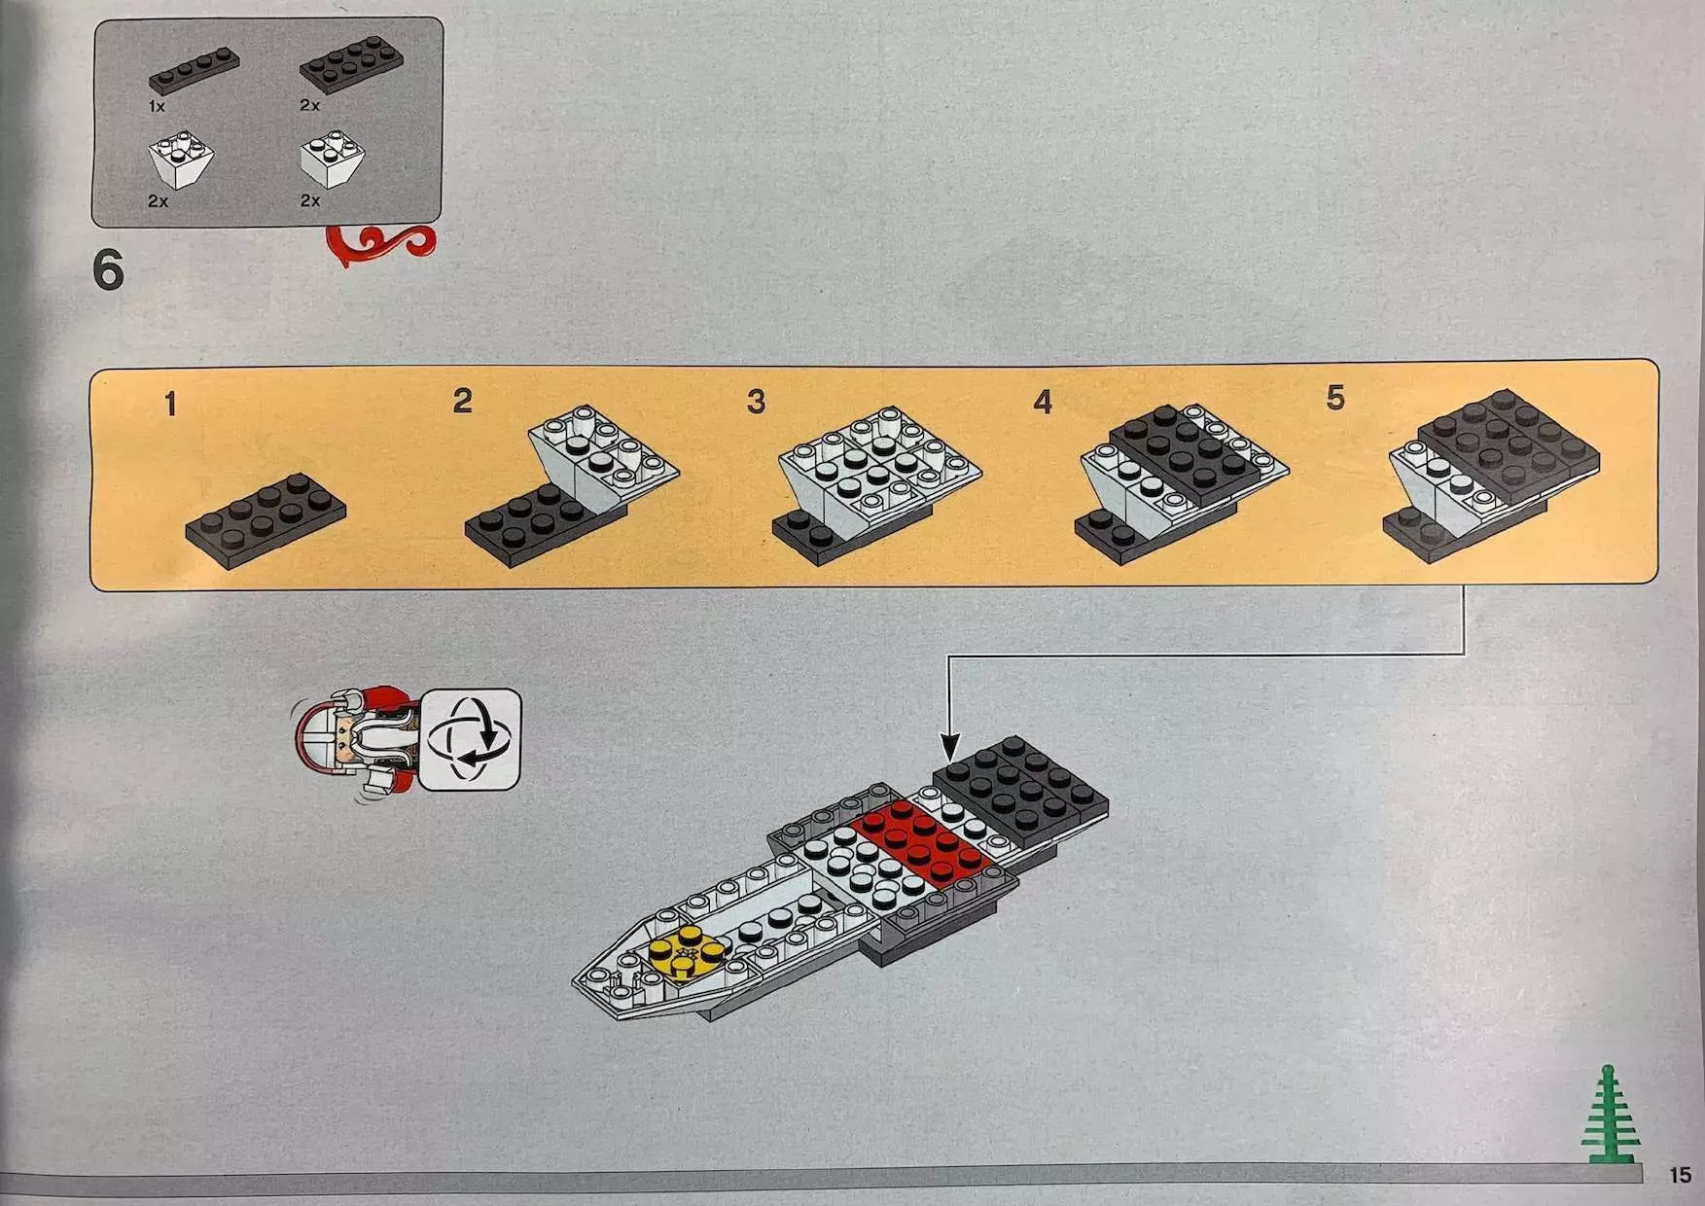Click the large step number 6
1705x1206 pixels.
pyautogui.click(x=108, y=268)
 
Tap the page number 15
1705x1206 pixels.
pyautogui.click(x=1680, y=1175)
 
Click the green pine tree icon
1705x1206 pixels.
pyautogui.click(x=1610, y=1115)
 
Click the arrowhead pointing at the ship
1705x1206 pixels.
pyautogui.click(x=949, y=748)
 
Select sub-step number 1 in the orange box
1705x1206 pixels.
pyautogui.click(x=171, y=404)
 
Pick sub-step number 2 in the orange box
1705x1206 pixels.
pyautogui.click(x=462, y=401)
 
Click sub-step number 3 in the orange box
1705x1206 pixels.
pyautogui.click(x=756, y=401)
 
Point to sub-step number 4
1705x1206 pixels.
pyautogui.click(x=1043, y=401)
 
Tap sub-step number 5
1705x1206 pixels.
pyautogui.click(x=1335, y=397)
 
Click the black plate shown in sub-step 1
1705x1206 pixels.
pyautogui.click(x=266, y=520)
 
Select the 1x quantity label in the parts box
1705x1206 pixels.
pyautogui.click(x=157, y=106)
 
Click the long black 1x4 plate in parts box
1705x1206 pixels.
pyautogui.click(x=194, y=71)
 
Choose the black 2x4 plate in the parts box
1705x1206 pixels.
pyautogui.click(x=351, y=64)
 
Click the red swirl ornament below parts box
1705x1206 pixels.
pyautogui.click(x=381, y=244)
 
